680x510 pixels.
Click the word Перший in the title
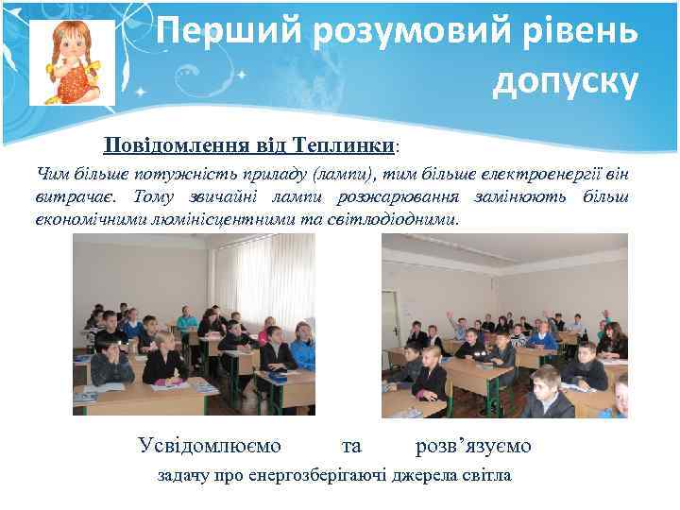211,34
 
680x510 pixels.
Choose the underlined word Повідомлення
181,146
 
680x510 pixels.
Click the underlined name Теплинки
343,146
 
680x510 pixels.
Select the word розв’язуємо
472,445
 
